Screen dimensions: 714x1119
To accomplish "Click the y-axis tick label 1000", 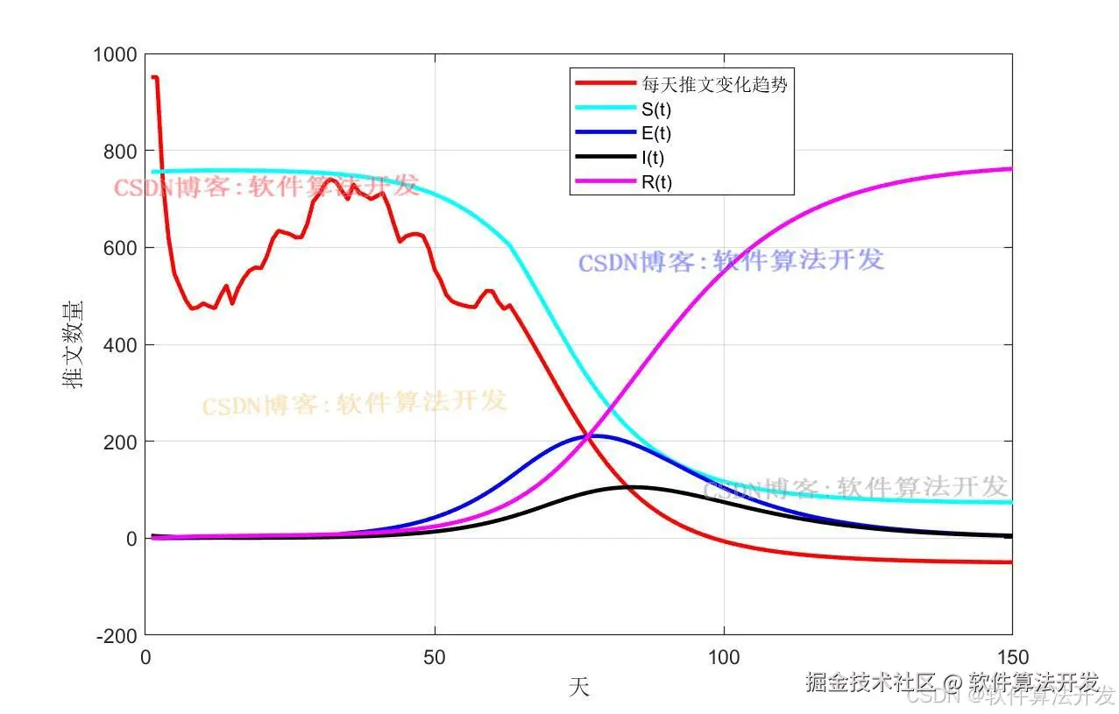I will (114, 55).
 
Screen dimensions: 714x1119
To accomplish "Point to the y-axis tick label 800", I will (119, 152).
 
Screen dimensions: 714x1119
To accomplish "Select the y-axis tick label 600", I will (119, 248).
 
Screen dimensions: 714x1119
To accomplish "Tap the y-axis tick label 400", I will (119, 345).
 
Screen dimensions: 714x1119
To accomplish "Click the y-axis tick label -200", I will (117, 636).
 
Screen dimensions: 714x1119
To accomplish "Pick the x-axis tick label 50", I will (434, 657).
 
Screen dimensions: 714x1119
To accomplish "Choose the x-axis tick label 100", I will (723, 657).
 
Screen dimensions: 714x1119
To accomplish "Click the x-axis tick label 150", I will (1011, 657).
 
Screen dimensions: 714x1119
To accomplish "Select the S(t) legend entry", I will (655, 109).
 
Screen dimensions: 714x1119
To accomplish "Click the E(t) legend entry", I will (655, 133).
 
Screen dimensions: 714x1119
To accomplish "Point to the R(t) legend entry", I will (655, 182).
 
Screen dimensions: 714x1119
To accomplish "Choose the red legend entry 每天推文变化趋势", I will (714, 84).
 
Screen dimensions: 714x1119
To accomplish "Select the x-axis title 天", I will (578, 687).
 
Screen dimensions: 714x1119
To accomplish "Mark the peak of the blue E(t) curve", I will (596, 435).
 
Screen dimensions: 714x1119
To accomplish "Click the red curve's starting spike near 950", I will (154, 78).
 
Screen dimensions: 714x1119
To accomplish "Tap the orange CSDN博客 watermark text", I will (354, 404).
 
